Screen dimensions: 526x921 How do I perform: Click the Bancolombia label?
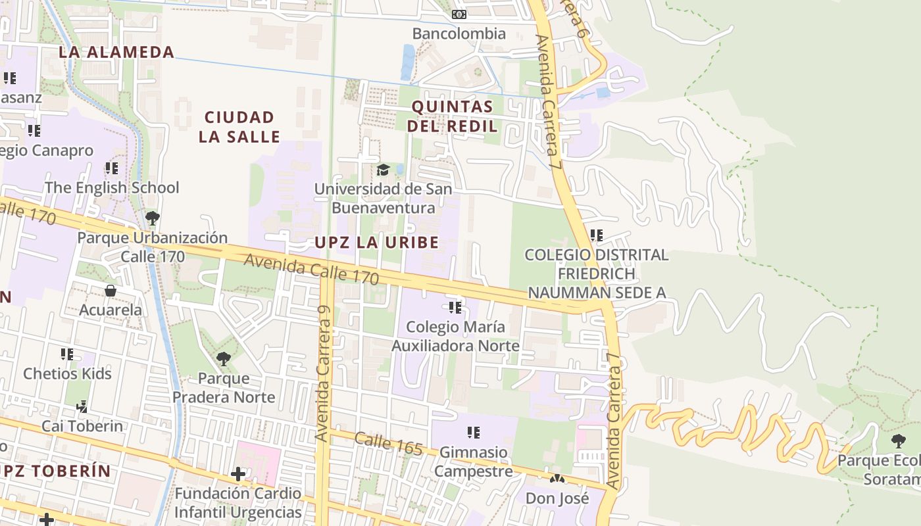(x=459, y=34)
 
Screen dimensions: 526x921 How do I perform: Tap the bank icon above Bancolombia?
(x=459, y=14)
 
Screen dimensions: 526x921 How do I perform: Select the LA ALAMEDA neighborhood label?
(x=116, y=52)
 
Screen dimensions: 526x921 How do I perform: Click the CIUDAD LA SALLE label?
(x=239, y=127)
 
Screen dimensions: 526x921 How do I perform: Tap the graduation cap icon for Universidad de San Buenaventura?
(x=383, y=170)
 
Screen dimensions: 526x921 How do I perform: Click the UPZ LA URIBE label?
(x=376, y=243)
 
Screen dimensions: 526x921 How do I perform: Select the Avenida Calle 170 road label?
(x=311, y=269)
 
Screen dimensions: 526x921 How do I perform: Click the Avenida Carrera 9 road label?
(x=323, y=373)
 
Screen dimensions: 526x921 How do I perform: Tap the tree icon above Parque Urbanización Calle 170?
(x=153, y=218)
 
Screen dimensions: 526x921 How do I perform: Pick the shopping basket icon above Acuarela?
(x=111, y=290)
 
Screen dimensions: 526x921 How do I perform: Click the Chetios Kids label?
(x=67, y=373)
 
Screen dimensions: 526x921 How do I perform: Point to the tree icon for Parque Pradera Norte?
(x=224, y=358)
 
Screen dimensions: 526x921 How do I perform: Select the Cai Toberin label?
(x=82, y=426)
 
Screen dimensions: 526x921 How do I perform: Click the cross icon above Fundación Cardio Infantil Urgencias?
(x=238, y=473)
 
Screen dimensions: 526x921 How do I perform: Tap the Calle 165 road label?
(x=388, y=444)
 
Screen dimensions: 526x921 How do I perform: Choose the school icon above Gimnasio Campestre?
(x=473, y=433)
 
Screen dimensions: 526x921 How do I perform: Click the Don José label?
(x=557, y=498)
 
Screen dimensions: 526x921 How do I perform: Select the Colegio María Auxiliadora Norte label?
(x=456, y=336)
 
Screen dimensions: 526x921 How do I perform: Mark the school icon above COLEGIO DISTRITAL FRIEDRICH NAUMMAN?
(x=597, y=235)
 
